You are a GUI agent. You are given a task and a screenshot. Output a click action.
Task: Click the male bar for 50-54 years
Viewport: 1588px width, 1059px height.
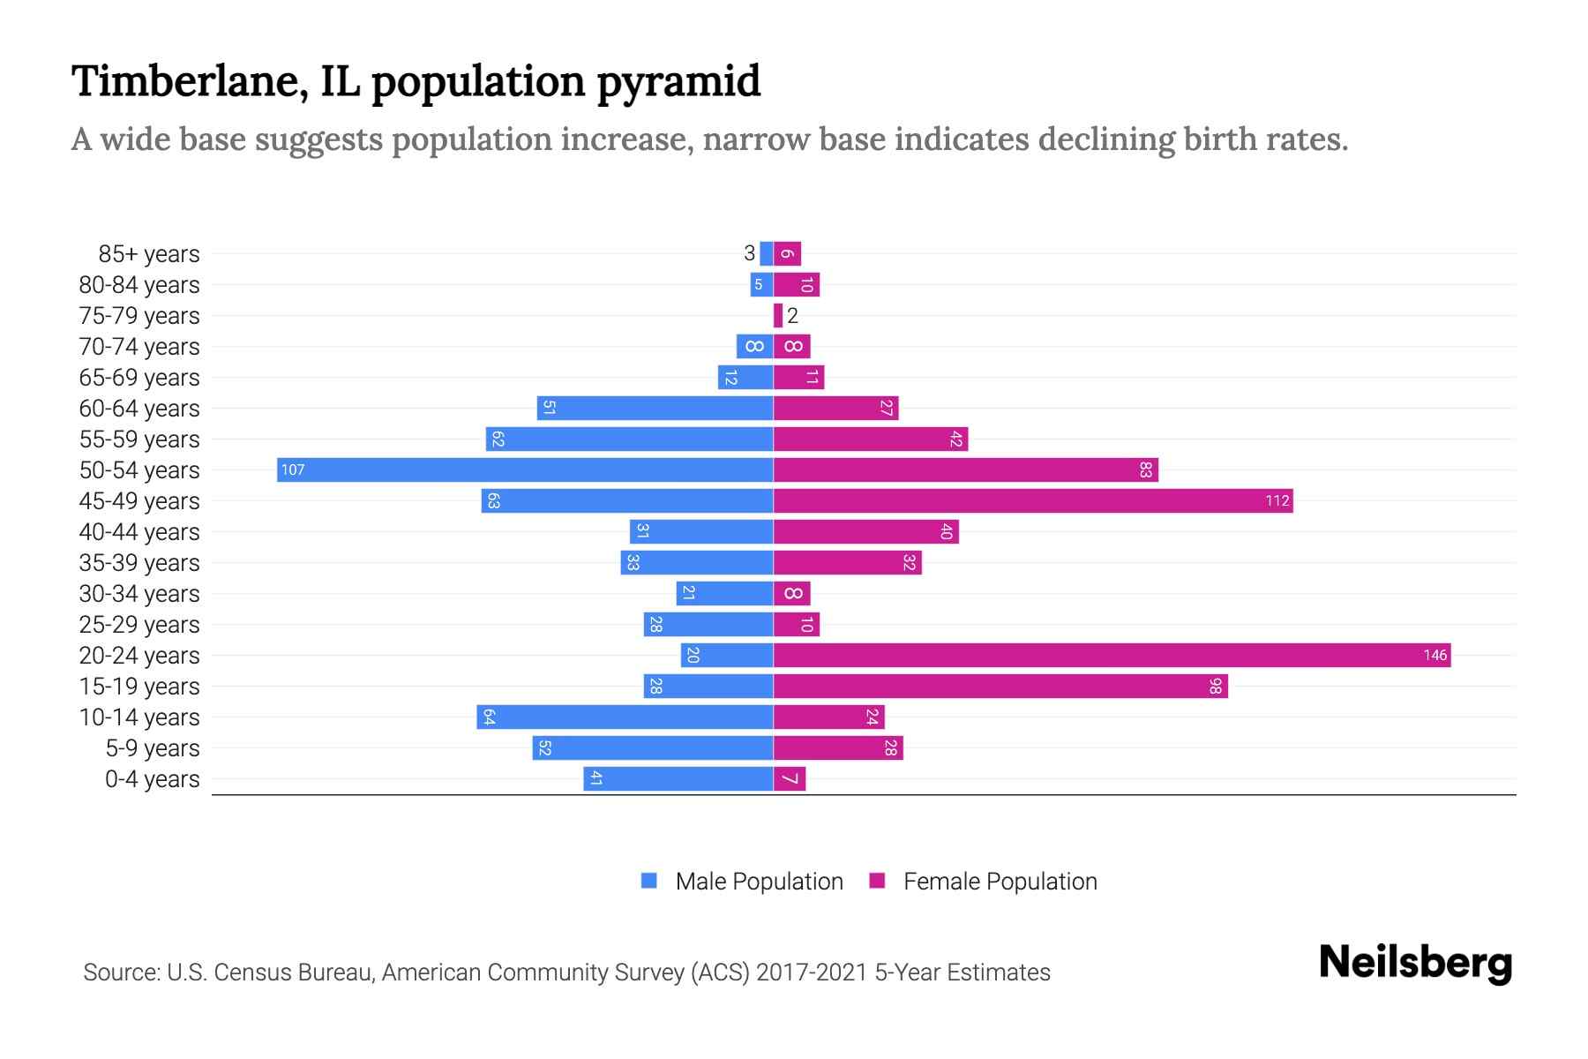coord(525,469)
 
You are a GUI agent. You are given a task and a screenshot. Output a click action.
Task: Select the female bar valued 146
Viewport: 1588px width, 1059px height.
coord(1112,655)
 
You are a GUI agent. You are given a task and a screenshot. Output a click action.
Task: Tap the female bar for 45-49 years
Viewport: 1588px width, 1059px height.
coord(1032,500)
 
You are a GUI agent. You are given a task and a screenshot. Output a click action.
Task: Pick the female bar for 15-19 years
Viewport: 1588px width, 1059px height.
coord(1000,686)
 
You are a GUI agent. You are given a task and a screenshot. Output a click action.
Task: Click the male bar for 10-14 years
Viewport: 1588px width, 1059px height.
coord(625,717)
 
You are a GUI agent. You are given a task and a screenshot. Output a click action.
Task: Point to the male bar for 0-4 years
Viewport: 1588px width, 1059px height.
coord(678,778)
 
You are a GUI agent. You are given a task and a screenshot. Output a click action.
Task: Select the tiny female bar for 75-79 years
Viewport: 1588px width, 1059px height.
coord(778,315)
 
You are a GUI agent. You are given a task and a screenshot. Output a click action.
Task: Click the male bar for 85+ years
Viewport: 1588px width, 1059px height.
coord(767,253)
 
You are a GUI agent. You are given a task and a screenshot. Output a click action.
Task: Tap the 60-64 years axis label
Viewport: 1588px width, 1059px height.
coord(139,409)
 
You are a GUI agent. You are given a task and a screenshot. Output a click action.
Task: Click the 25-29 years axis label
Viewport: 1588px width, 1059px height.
coord(139,625)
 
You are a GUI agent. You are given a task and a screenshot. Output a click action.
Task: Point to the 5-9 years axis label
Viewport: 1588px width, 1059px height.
coord(153,748)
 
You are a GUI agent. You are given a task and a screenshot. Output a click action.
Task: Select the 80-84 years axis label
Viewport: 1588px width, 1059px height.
coord(139,285)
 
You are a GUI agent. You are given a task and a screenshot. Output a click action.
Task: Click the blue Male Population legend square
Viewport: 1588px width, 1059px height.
coord(649,881)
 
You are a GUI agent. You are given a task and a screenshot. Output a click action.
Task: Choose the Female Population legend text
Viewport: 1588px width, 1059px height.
coord(1000,882)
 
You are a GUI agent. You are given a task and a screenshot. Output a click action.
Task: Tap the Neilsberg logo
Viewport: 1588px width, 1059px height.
coord(1415,963)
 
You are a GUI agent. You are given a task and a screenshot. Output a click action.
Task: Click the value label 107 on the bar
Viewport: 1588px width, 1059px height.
coord(293,469)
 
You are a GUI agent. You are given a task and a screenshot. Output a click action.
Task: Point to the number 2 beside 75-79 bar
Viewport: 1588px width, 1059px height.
coord(792,316)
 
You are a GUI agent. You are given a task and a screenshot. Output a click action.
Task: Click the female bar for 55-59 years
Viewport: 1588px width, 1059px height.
coord(870,439)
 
